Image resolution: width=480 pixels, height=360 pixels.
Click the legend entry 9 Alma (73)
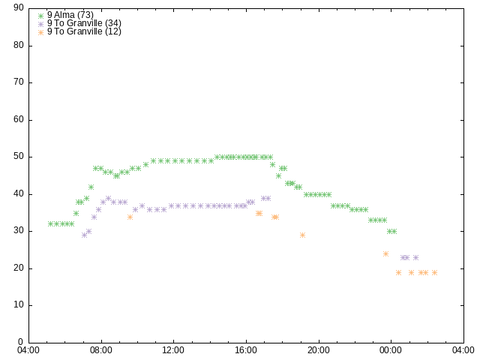tap(70, 15)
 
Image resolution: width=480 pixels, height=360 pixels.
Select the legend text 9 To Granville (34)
tap(84, 23)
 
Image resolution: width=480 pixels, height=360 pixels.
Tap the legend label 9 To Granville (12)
tap(84, 31)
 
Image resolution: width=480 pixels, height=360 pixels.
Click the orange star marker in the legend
tap(41, 32)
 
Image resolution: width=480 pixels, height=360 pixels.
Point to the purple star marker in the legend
tap(41, 24)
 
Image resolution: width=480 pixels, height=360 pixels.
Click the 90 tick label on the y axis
tap(19, 7)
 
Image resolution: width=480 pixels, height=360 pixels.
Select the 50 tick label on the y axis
tap(19, 157)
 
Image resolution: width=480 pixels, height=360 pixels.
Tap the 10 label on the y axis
tap(19, 305)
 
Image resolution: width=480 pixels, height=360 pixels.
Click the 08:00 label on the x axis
tap(101, 350)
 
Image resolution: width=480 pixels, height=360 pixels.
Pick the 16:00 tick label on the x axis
tap(246, 350)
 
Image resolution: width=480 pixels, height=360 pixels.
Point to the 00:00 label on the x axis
tap(391, 350)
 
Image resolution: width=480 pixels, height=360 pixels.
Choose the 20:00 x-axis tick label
tap(319, 350)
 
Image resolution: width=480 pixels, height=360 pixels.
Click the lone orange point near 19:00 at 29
tap(302, 235)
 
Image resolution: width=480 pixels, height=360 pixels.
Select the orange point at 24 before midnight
tap(385, 253)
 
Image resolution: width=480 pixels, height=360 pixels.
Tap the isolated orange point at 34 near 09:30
tap(130, 217)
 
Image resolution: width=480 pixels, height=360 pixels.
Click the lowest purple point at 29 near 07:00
tap(85, 235)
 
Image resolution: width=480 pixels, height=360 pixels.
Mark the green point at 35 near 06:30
tap(76, 213)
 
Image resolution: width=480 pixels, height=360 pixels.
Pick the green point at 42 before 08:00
tap(91, 187)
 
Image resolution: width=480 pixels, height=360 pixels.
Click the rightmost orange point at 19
tap(434, 272)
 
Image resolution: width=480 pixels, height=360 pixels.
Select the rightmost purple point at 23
tap(415, 258)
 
